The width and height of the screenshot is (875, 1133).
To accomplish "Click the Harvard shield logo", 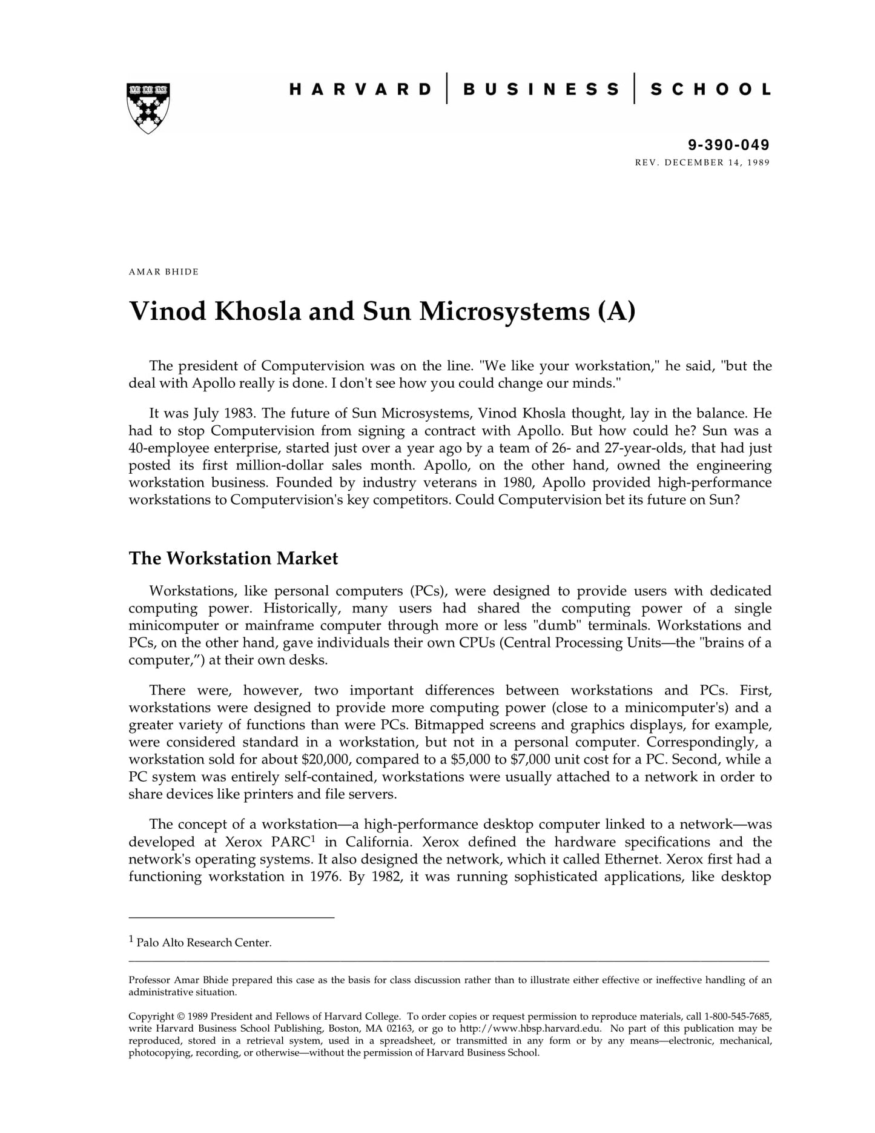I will pos(148,108).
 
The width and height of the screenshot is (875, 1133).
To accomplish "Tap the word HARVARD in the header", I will pos(360,90).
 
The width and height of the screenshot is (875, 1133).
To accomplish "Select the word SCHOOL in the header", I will pos(710,90).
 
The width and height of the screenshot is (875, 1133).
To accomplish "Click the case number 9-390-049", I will pos(728,145).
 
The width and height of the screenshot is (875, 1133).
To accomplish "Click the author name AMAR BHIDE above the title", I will pos(163,271).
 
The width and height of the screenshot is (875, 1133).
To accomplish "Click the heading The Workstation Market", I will pos(233,558).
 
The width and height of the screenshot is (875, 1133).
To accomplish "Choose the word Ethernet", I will pos(632,859).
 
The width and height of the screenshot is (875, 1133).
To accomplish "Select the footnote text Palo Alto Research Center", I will pos(204,943).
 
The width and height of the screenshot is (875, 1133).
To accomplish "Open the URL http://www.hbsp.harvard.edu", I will pos(530,1028).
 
